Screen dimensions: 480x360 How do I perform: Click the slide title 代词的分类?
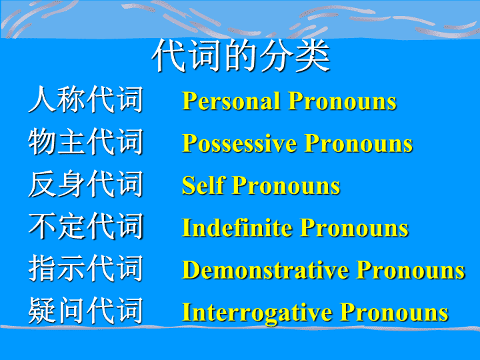(x=241, y=56)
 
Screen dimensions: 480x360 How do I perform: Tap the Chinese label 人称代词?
(x=86, y=99)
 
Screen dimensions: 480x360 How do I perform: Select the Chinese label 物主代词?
(x=86, y=141)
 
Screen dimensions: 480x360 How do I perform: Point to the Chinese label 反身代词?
(x=86, y=183)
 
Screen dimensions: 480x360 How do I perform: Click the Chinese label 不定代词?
(x=86, y=226)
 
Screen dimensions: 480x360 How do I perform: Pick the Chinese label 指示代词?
(x=86, y=268)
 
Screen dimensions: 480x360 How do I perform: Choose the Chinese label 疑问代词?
(x=86, y=311)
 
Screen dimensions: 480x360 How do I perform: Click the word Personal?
(x=231, y=101)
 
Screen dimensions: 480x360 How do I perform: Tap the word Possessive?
(x=239, y=143)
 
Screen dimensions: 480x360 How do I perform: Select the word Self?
(x=204, y=185)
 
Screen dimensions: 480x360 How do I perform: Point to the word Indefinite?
(x=237, y=227)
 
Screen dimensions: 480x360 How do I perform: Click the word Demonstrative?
(x=265, y=270)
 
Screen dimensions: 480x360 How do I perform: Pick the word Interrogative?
(x=257, y=313)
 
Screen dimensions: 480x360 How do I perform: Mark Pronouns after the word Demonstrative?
(x=411, y=270)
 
